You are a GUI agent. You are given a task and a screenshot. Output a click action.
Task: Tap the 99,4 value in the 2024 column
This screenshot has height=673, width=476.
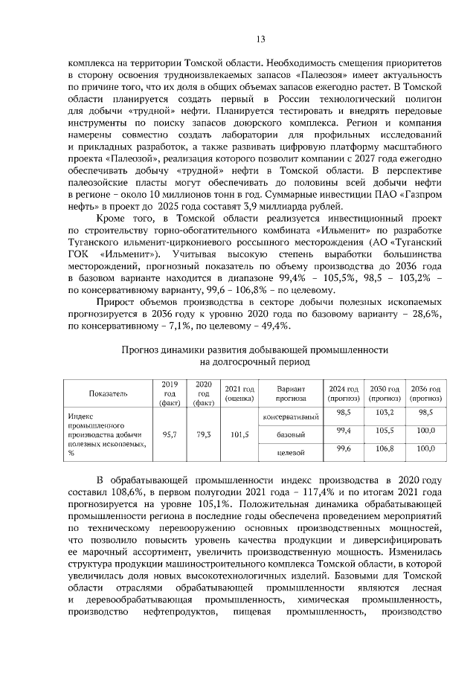point(344,431)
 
